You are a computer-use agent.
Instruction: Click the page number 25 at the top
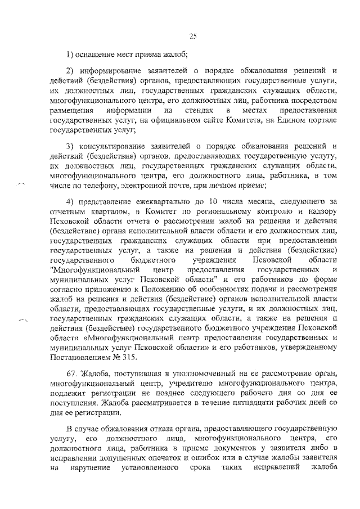coord(192,37)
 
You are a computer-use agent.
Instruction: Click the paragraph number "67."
coord(72,375)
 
